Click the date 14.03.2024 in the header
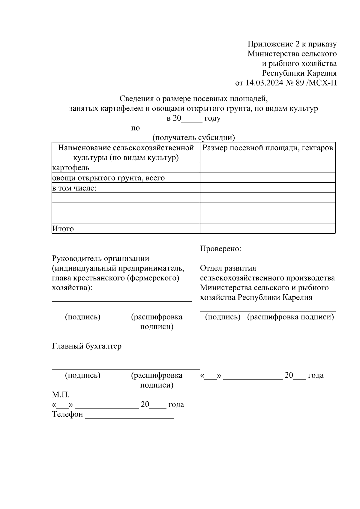264,83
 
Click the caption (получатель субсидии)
193,138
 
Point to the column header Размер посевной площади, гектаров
268,148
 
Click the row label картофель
71,168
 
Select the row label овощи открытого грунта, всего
108,178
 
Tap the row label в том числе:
74,188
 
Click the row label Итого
63,229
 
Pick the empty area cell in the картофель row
268,167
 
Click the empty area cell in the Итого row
268,228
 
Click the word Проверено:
220,249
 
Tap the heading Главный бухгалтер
87,346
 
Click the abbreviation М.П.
61,395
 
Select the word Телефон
67,414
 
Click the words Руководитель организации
100,258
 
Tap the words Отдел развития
228,268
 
